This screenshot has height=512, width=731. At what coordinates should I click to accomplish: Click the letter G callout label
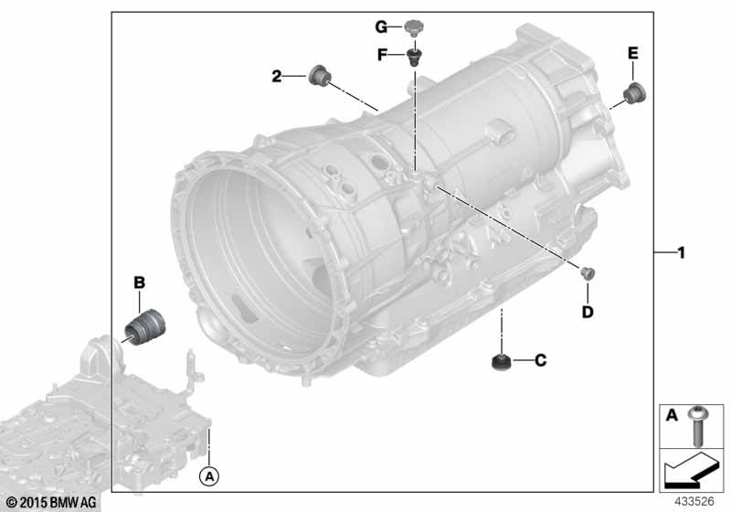click(381, 27)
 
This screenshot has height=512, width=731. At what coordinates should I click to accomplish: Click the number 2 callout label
click(277, 76)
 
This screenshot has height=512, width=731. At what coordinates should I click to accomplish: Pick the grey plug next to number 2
click(319, 75)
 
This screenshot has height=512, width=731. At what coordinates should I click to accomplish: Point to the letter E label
click(632, 53)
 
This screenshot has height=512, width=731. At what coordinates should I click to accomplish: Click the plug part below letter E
click(634, 94)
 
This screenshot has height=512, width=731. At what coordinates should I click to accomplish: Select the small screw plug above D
click(587, 273)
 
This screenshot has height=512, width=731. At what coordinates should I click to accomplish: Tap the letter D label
click(588, 312)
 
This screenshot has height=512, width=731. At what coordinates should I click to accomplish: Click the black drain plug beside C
click(501, 362)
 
